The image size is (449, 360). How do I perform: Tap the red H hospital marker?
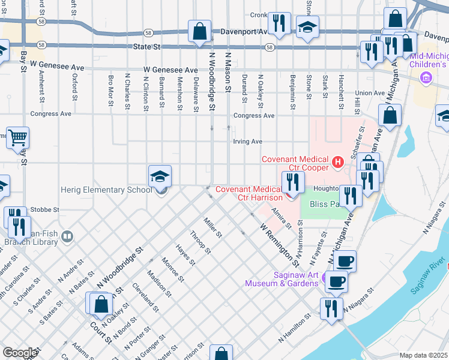[337, 161]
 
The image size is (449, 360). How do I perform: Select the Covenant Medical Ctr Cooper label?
[295, 159]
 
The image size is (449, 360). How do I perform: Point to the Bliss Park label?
[324, 204]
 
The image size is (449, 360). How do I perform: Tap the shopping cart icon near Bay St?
[17, 137]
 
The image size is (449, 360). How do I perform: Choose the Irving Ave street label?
[248, 142]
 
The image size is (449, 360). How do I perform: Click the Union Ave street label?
[369, 93]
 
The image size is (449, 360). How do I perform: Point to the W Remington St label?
[279, 245]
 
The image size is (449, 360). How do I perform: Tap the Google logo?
[20, 353]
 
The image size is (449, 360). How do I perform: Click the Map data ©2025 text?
[423, 355]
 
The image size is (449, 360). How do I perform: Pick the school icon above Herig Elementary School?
[160, 176]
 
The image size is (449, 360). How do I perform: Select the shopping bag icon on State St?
[199, 31]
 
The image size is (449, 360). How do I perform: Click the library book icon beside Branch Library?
[66, 238]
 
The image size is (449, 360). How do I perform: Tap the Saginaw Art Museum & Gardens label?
[282, 278]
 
